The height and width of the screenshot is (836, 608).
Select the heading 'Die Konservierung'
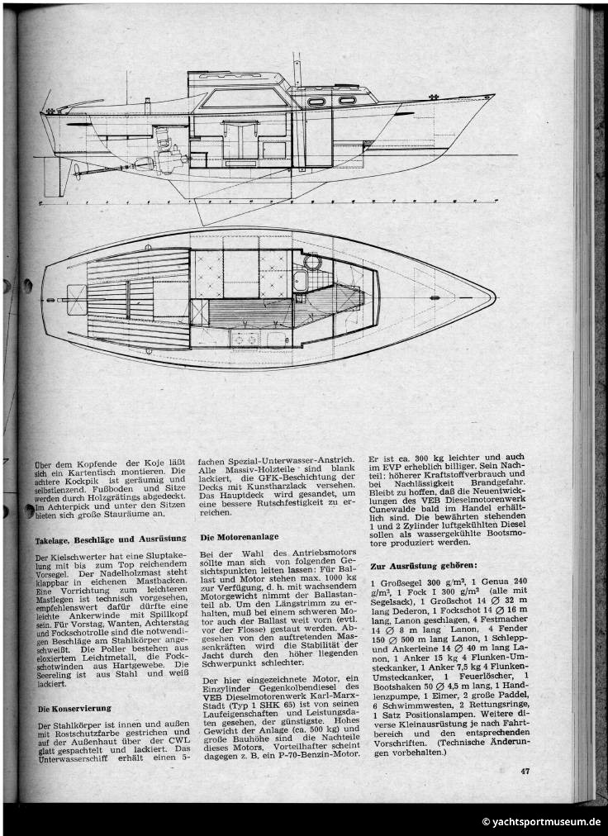74,708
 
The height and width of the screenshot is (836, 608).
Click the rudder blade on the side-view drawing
54,178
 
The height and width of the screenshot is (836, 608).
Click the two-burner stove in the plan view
245,336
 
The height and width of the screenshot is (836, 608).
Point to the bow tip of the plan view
494,295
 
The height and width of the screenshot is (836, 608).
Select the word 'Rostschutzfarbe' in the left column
98,736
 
